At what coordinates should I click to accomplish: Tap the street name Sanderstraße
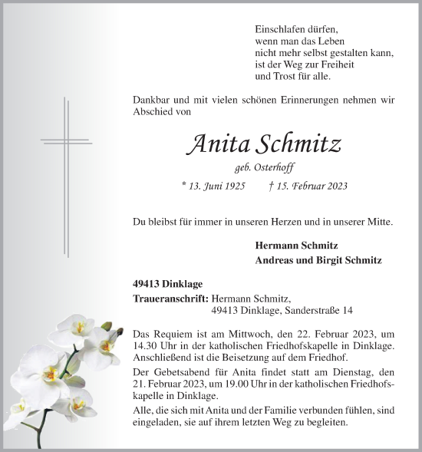click(x=294, y=310)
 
